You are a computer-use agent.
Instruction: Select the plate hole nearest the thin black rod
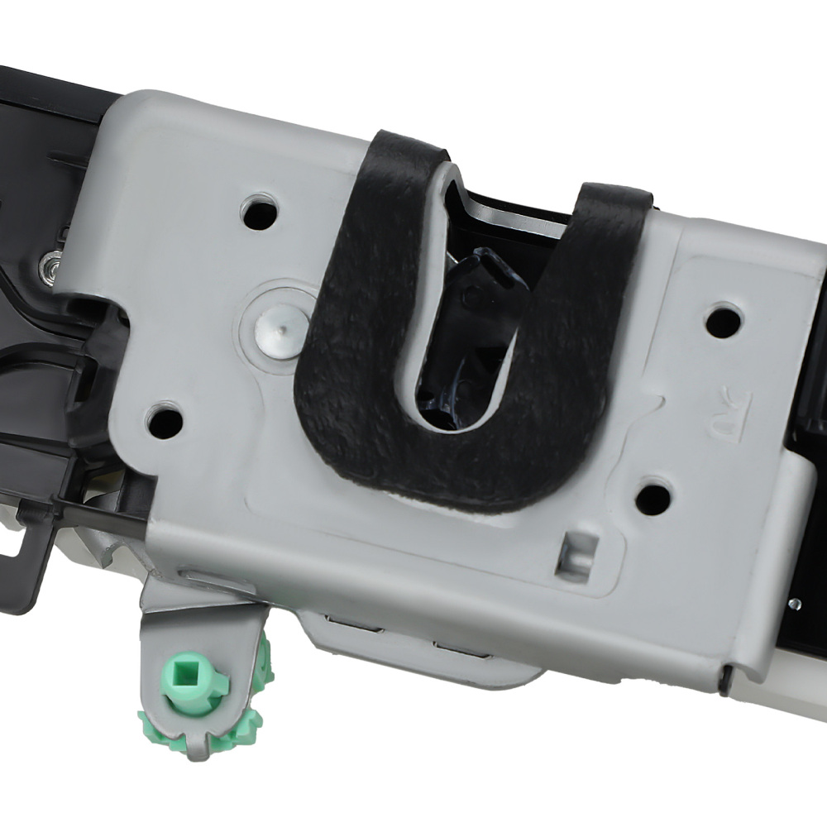click(165, 421)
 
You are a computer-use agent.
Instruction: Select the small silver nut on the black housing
click(47, 265)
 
